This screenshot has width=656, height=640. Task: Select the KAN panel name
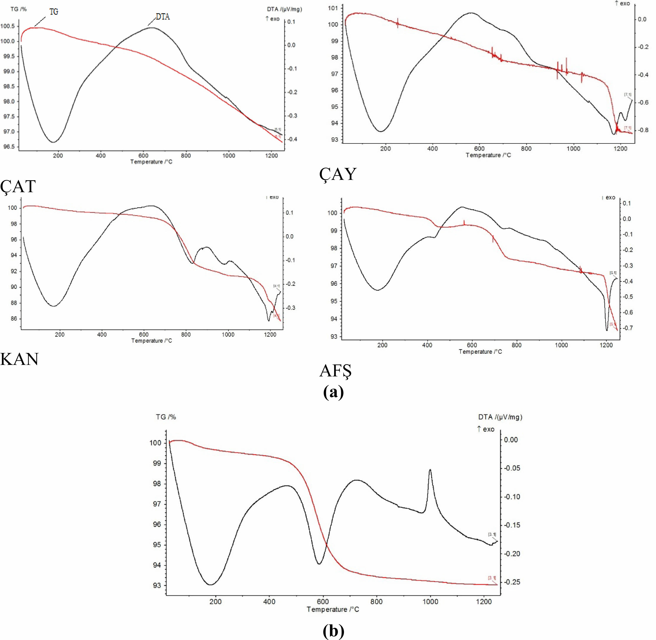[x=20, y=359]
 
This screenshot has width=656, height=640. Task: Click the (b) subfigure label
[x=333, y=631]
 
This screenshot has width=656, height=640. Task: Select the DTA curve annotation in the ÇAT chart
[x=163, y=17]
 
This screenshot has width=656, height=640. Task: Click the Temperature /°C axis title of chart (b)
[x=332, y=609]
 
